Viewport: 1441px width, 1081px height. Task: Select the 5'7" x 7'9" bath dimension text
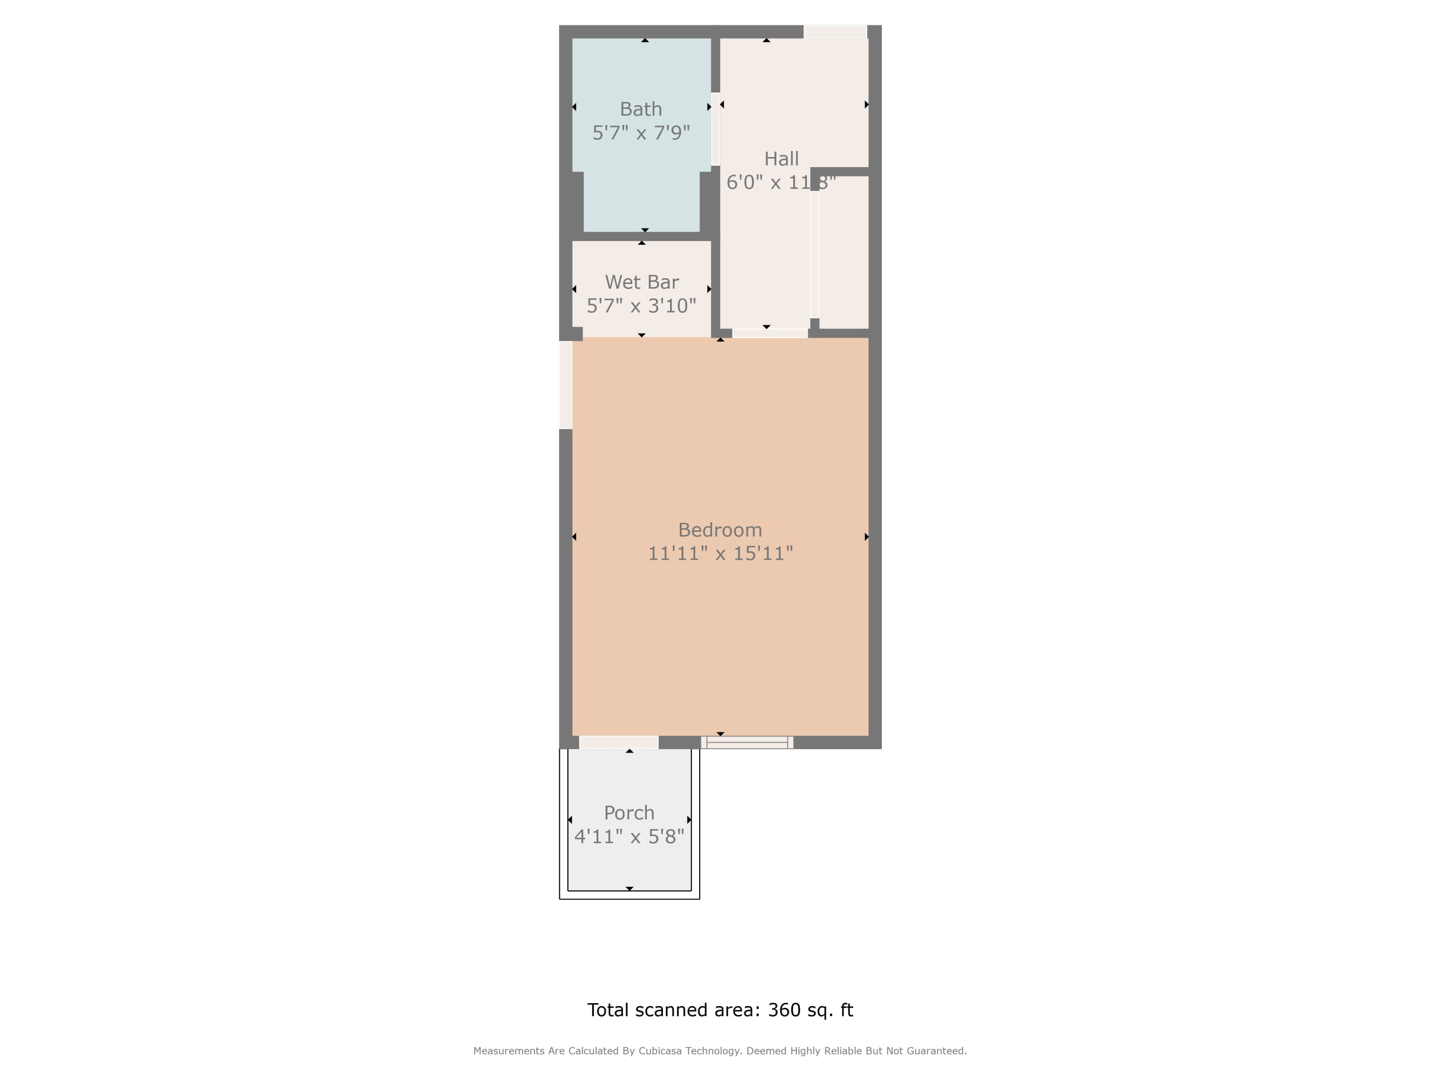tap(641, 133)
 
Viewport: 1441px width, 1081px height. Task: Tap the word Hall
tap(781, 159)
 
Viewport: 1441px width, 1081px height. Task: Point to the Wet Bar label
tap(642, 282)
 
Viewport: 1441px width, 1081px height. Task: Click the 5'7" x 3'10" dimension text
tap(642, 306)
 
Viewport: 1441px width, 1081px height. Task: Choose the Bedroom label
tap(720, 530)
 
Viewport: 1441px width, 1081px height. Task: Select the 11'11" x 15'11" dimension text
tap(720, 553)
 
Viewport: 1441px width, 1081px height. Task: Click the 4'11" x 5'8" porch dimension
tap(629, 836)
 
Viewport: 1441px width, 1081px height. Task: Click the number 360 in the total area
tap(785, 1009)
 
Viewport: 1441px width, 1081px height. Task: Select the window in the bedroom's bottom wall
tap(747, 742)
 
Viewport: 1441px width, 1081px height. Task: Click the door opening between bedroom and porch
tap(619, 742)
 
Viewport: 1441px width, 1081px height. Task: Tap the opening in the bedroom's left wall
tap(565, 385)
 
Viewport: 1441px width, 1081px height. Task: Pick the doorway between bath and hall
tap(715, 129)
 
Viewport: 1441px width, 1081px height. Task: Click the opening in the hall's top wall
tap(835, 31)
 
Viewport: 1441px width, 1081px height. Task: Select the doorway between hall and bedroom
tap(770, 333)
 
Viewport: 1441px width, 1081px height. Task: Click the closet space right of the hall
tap(843, 252)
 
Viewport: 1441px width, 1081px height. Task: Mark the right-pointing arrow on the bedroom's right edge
tap(867, 537)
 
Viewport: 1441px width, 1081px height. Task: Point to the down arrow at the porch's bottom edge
tap(629, 888)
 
